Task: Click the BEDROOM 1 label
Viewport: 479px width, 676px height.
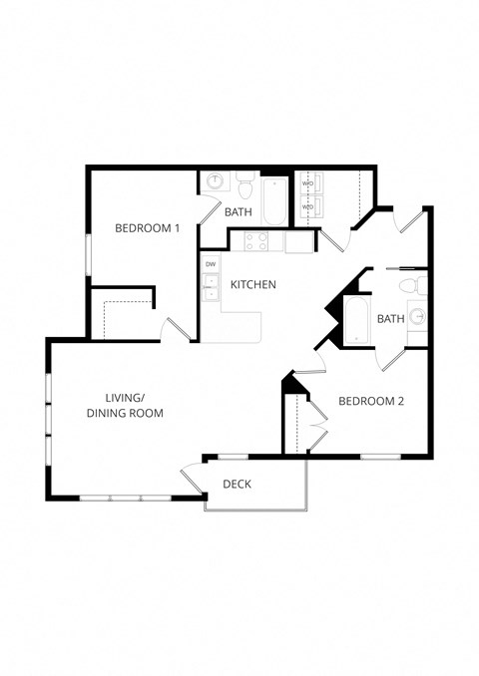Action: tap(147, 228)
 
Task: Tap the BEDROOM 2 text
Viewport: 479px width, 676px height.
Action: tap(370, 402)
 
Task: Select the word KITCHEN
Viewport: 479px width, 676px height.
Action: tap(252, 285)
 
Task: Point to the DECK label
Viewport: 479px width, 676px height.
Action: tap(237, 485)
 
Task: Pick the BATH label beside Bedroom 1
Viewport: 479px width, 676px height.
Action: tap(238, 211)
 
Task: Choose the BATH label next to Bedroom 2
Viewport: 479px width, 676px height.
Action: tap(390, 319)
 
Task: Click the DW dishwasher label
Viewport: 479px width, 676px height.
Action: tap(210, 263)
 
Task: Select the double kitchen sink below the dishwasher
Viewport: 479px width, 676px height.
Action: tap(210, 288)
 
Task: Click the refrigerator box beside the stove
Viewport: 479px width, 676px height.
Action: tap(298, 241)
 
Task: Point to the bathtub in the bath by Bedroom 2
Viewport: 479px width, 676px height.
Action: tap(357, 319)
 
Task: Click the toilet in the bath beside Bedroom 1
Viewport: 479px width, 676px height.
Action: tap(245, 187)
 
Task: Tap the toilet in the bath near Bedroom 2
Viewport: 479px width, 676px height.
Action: tap(408, 286)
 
